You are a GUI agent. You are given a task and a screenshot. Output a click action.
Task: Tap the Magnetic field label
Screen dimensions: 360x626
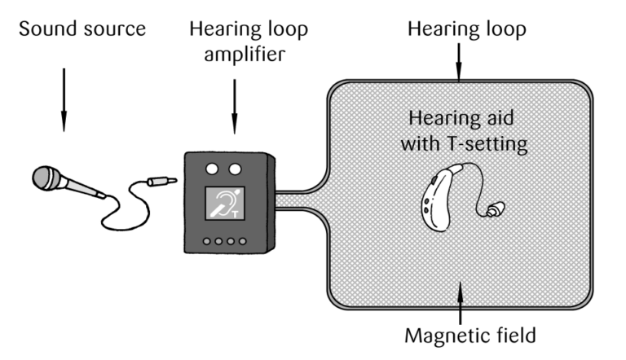coord(461,334)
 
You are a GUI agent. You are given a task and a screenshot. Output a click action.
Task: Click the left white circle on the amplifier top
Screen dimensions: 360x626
coord(214,169)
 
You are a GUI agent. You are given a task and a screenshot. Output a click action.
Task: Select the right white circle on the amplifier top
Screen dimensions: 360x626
coord(236,169)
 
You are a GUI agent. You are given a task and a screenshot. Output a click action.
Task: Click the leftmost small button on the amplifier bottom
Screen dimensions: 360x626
coord(209,241)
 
